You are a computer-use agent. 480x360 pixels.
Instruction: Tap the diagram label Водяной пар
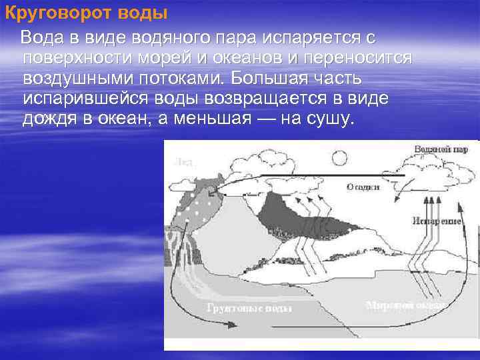[x=437, y=149]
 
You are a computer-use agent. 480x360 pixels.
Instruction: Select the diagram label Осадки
[x=363, y=187]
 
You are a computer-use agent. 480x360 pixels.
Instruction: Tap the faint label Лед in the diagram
[x=183, y=161]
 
